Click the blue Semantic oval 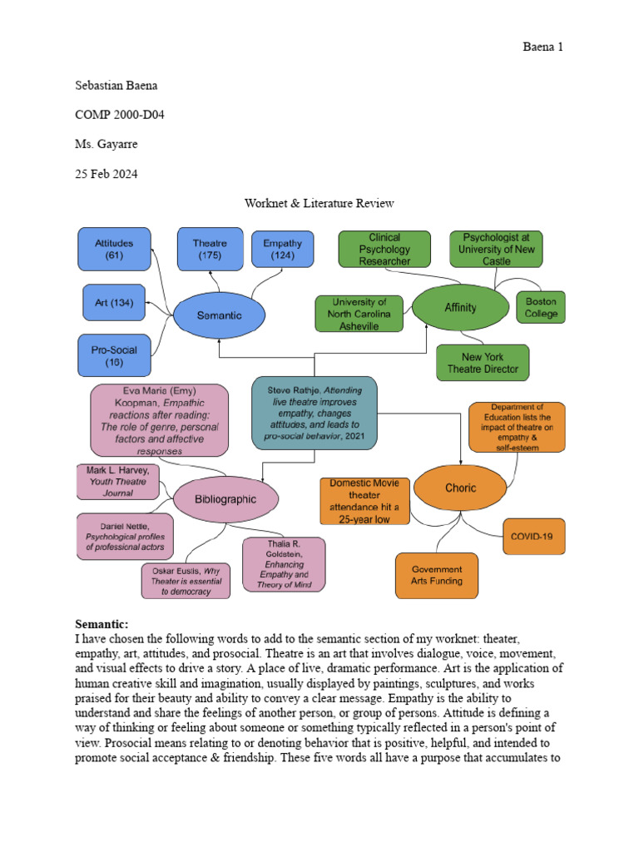click(219, 315)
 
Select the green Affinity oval click(460, 307)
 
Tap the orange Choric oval click(460, 488)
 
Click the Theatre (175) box click(210, 250)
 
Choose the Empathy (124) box click(282, 250)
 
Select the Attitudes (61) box click(114, 250)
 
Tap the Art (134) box click(113, 302)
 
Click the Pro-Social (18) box click(113, 357)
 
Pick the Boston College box click(541, 309)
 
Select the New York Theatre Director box click(483, 363)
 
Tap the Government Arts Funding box click(437, 575)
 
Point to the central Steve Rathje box click(315, 412)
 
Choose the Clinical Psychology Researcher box click(384, 249)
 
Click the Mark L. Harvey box click(116, 482)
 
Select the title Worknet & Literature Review click(319, 203)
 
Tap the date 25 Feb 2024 click(106, 174)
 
